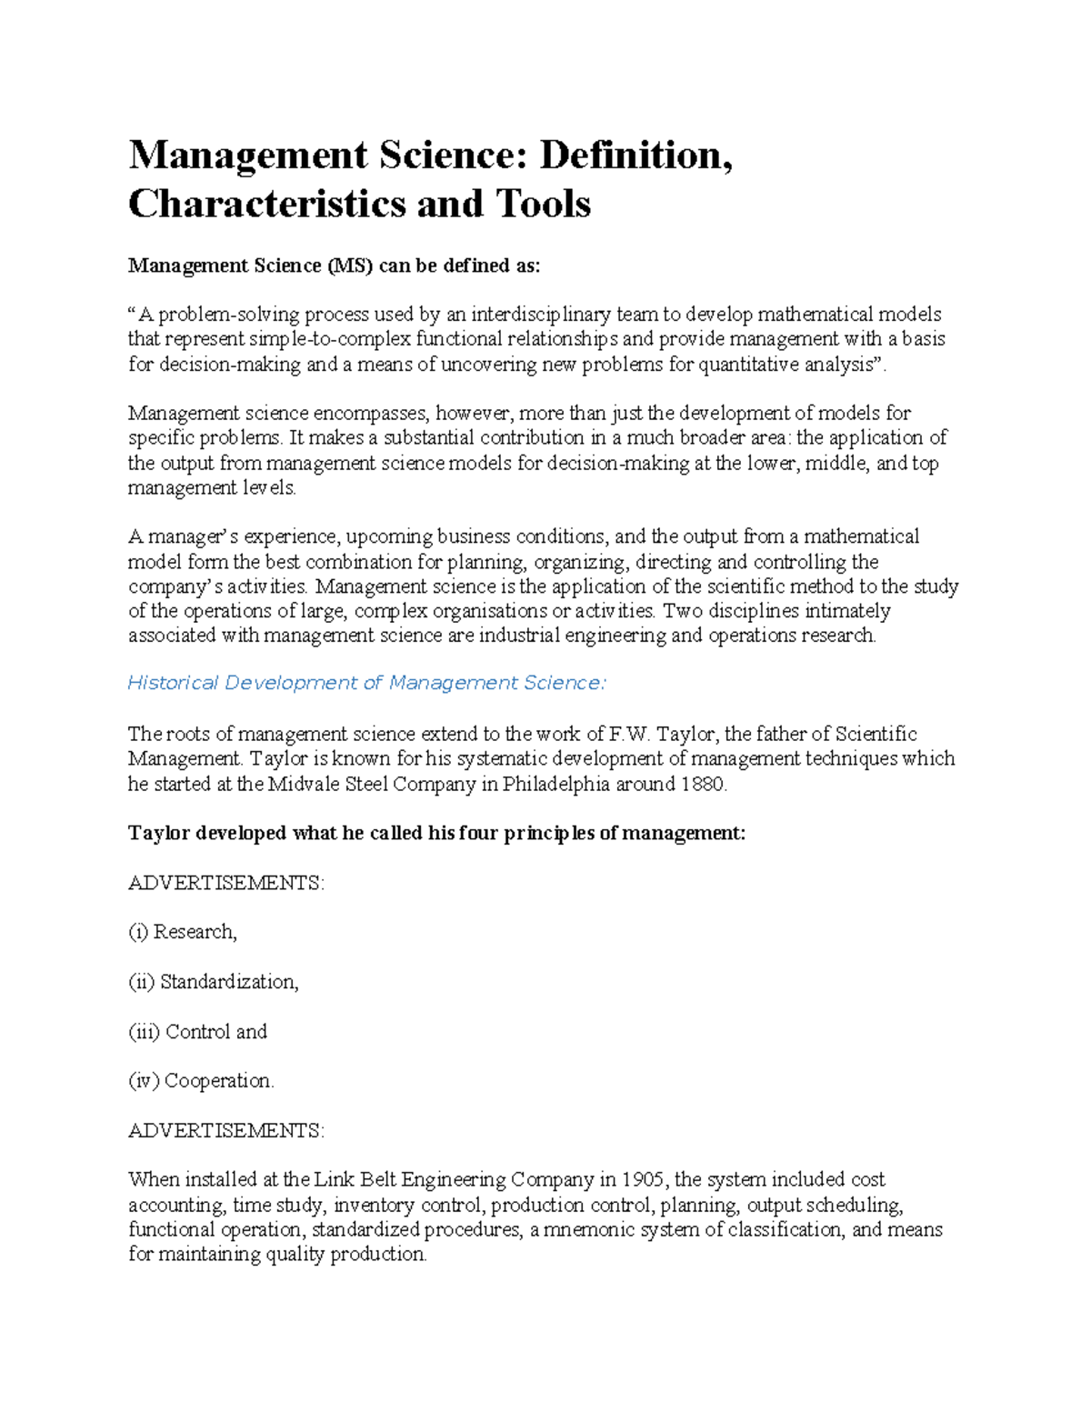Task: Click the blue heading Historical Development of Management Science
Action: coord(366,683)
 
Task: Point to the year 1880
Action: coord(705,784)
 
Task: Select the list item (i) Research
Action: coord(183,932)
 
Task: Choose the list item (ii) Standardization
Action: coord(214,982)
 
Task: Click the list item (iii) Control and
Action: coord(198,1032)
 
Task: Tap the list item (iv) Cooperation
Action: coord(201,1081)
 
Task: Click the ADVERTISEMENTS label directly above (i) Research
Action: coord(225,883)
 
